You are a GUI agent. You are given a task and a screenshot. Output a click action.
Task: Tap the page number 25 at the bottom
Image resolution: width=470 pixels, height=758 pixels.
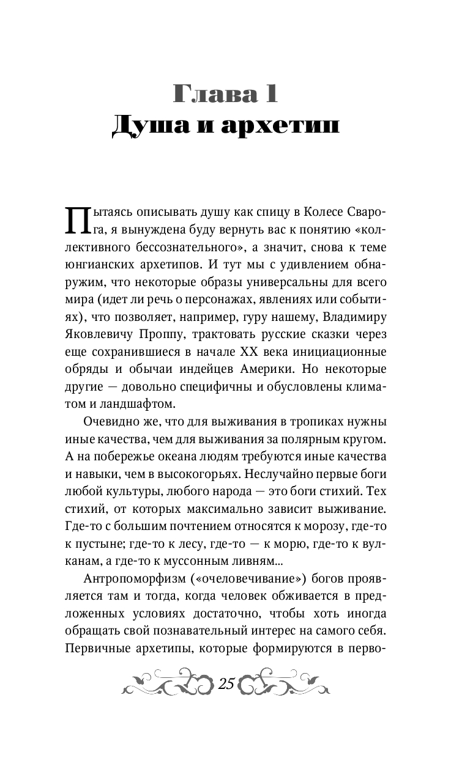point(226,684)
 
